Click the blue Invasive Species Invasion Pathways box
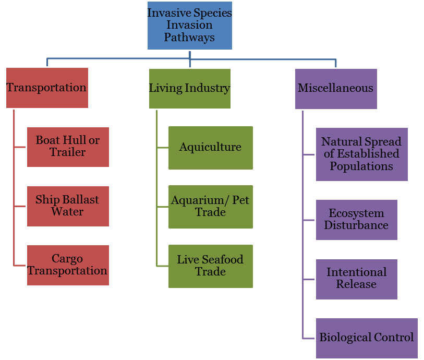pos(189,25)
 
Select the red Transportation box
pos(47,88)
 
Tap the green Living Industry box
pos(189,88)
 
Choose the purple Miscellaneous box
pos(335,89)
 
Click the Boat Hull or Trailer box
pos(68,147)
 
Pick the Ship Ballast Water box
pos(68,206)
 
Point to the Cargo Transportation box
pos(68,265)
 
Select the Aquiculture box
pos(210,148)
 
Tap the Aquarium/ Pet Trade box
pos(210,207)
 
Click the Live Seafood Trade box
pos(210,266)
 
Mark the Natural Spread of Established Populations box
pos(361,154)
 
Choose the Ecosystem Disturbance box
pos(356,220)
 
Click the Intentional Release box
pos(356,279)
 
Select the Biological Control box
pos(367,338)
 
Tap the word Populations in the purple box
pos(361,166)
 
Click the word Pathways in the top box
pos(189,38)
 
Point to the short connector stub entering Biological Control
pos(309,338)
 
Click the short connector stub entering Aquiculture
pos(162,148)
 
